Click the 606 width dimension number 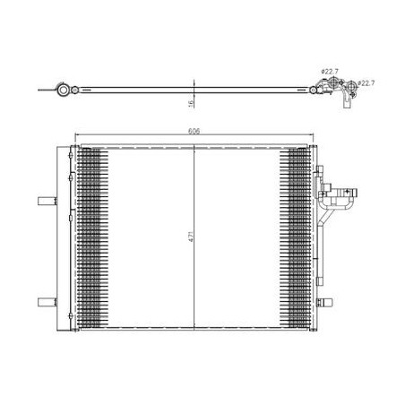click(x=194, y=131)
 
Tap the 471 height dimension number click(x=191, y=237)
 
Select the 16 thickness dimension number click(x=191, y=103)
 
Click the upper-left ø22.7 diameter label click(x=330, y=72)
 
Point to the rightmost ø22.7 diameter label click(x=366, y=83)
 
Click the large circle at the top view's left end click(x=64, y=90)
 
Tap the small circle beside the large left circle click(x=75, y=90)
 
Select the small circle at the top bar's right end click(x=313, y=90)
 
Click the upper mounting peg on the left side click(x=47, y=201)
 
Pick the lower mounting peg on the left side click(x=47, y=302)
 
